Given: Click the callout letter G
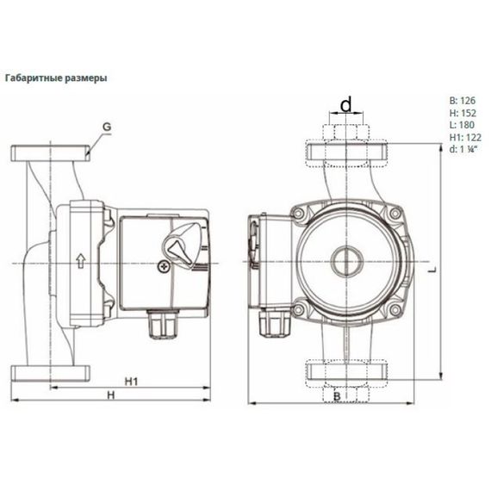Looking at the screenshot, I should pyautogui.click(x=106, y=128).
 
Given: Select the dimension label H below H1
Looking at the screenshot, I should pyautogui.click(x=109, y=395).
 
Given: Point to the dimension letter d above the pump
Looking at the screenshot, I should pyautogui.click(x=345, y=105).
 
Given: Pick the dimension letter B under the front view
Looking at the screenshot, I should pyautogui.click(x=338, y=395).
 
